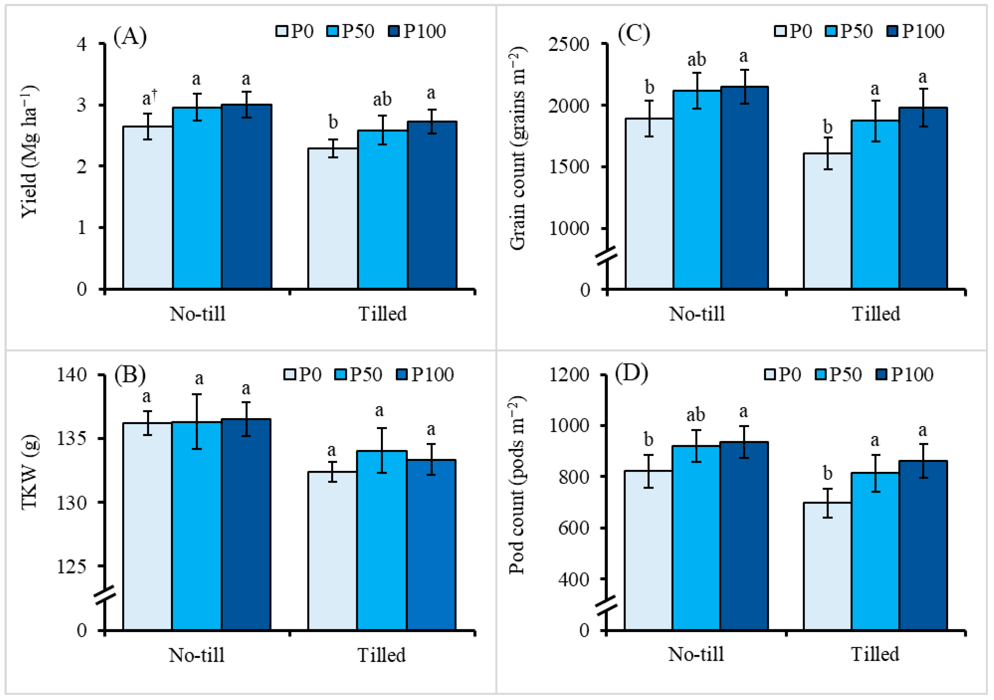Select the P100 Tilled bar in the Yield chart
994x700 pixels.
[x=432, y=205]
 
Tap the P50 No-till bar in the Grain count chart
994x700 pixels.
[x=697, y=190]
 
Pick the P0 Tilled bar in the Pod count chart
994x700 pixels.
[x=827, y=566]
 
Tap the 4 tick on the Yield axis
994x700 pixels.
[x=82, y=44]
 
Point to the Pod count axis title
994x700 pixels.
[x=517, y=485]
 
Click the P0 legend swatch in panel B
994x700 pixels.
[x=290, y=374]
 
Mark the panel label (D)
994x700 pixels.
[x=631, y=372]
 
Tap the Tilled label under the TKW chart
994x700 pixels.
[x=381, y=655]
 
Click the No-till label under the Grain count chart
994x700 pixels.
[x=697, y=313]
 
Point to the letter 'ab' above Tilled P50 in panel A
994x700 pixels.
[x=382, y=99]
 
